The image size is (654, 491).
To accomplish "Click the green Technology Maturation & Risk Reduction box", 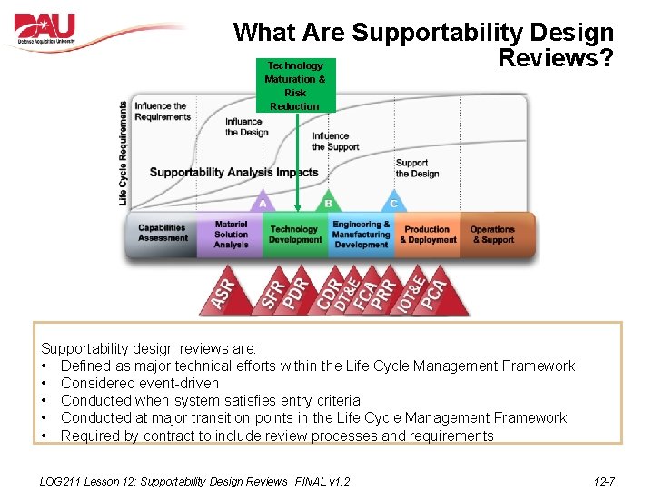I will [x=294, y=85].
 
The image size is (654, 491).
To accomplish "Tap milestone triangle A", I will [x=263, y=202].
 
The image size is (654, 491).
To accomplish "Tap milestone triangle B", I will [x=328, y=202].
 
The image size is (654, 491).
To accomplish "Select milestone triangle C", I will [x=393, y=202].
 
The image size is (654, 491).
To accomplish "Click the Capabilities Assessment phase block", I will [x=163, y=234].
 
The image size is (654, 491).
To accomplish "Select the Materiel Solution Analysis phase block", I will [x=231, y=234].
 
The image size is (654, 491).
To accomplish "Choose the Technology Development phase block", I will [x=295, y=235].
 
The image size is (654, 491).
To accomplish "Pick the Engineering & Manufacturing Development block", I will [x=361, y=235].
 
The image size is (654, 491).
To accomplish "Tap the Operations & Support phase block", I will [x=493, y=235].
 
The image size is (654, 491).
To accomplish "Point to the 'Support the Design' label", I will [x=417, y=168].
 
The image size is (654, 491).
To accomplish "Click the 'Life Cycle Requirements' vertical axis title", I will [x=124, y=152].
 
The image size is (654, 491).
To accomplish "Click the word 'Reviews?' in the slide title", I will [x=556, y=58].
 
